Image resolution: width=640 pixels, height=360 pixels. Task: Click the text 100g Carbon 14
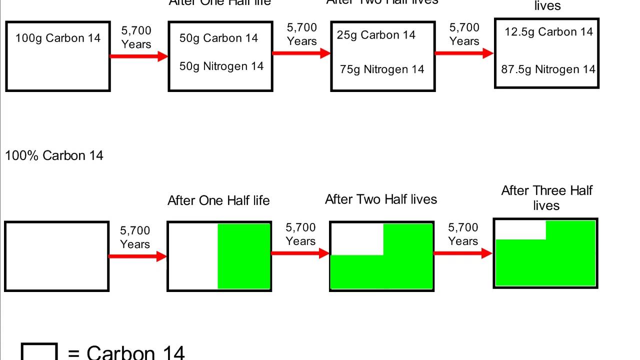(x=58, y=38)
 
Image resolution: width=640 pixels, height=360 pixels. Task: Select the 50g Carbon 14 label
(x=218, y=38)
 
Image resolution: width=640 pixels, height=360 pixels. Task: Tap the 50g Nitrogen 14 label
(x=221, y=66)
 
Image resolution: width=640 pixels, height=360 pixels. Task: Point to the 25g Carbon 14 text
(x=376, y=35)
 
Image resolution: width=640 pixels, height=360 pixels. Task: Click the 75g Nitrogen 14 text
(x=382, y=69)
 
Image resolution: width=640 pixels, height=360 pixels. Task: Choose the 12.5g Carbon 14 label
(x=548, y=32)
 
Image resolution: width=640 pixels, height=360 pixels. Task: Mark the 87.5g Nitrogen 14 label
(x=548, y=69)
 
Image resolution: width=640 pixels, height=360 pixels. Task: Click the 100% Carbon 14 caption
(x=54, y=155)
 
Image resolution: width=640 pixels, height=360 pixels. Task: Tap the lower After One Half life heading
(x=218, y=200)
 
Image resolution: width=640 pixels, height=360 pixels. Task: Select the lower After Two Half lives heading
(x=381, y=199)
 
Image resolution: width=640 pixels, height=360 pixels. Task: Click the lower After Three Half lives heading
(x=546, y=198)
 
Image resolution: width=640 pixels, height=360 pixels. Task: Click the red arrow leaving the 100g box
(x=138, y=56)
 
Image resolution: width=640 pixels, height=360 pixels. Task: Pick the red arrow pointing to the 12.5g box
(x=464, y=53)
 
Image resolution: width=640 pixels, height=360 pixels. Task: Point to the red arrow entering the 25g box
(x=301, y=53)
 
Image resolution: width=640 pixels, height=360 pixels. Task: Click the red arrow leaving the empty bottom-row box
(x=137, y=256)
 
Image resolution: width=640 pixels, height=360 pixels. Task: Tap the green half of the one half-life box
(x=244, y=256)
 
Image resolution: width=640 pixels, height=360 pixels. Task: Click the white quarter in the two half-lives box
(x=356, y=239)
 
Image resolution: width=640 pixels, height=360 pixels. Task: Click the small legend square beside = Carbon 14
(x=39, y=352)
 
